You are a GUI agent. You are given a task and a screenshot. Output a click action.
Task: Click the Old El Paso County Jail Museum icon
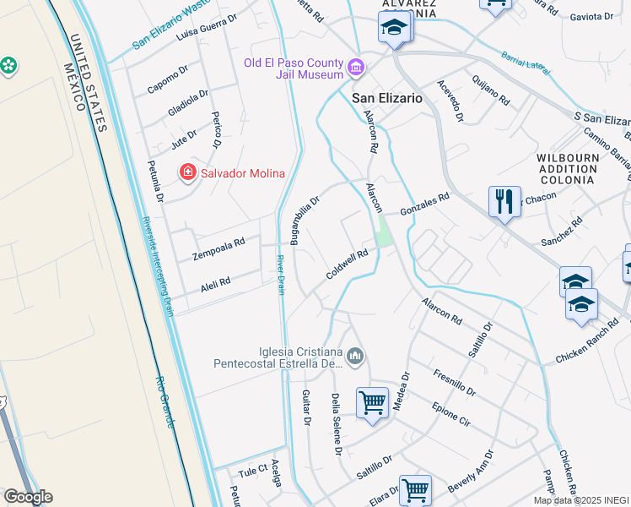pyautogui.click(x=356, y=66)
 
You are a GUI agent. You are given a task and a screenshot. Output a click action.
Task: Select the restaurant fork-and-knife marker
pyautogui.click(x=504, y=201)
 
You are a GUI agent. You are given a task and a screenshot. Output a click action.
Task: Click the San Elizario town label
pyautogui.click(x=386, y=98)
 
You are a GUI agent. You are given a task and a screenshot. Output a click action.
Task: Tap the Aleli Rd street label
pyautogui.click(x=216, y=284)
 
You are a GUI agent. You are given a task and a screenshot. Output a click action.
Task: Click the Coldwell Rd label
pyautogui.click(x=348, y=264)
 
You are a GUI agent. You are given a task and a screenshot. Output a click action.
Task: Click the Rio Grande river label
pyautogui.click(x=164, y=402)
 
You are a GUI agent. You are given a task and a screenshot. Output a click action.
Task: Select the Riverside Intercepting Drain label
pyautogui.click(x=158, y=265)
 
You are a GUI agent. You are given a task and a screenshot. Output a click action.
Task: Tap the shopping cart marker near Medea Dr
pyautogui.click(x=372, y=402)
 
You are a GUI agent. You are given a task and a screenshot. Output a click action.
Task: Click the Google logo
pyautogui.click(x=28, y=497)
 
